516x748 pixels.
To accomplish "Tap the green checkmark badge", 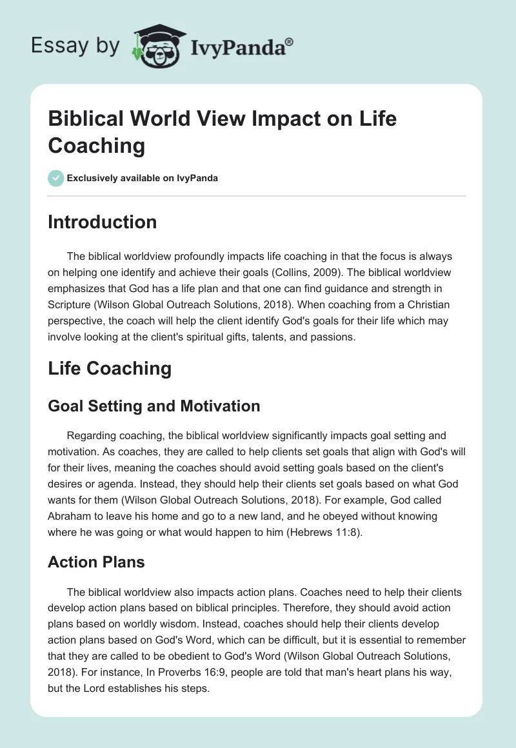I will [x=56, y=178].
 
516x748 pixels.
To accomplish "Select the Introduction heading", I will [x=102, y=222].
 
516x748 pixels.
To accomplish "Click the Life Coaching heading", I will [x=110, y=368].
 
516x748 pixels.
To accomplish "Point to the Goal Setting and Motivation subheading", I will [x=154, y=406].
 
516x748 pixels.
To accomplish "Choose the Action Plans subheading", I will [x=96, y=562].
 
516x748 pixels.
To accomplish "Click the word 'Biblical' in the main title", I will [x=90, y=119].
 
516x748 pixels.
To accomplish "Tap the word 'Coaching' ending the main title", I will [x=97, y=146].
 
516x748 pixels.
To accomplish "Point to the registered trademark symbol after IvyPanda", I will [x=290, y=41].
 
